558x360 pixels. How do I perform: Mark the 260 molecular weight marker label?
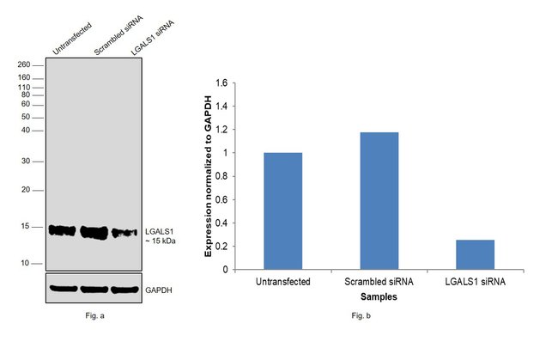24,64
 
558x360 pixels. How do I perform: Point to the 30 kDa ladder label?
26,161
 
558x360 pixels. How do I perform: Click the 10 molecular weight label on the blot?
26,263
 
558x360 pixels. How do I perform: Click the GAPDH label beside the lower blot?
159,290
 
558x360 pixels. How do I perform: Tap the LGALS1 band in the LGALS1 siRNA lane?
124,232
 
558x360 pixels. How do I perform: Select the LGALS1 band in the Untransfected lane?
62,229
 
